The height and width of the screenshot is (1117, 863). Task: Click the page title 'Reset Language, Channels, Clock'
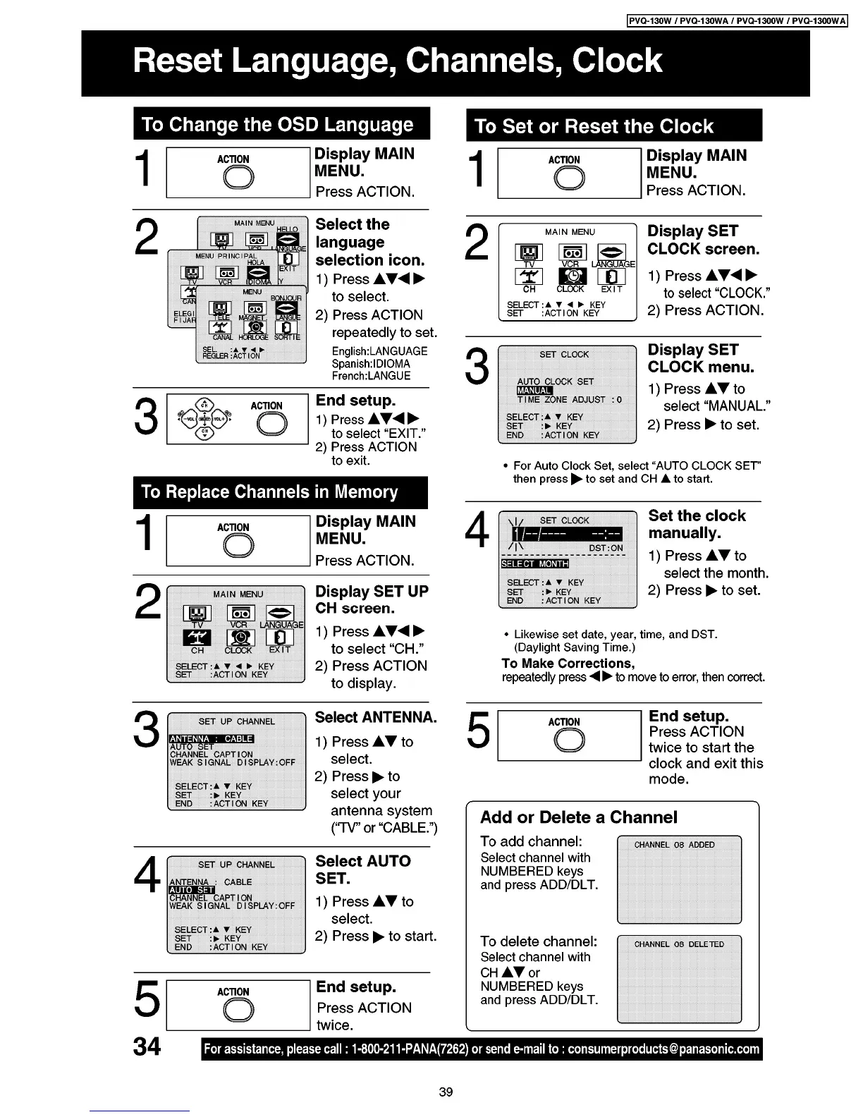[398, 61]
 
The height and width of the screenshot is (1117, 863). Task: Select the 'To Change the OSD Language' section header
[278, 125]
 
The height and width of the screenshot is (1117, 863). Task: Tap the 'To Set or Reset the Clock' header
[594, 127]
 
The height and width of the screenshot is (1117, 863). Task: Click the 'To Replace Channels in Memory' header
[269, 492]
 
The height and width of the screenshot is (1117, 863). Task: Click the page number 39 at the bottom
[446, 1092]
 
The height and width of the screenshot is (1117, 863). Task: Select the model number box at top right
[736, 20]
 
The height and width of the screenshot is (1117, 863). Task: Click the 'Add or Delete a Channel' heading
[578, 817]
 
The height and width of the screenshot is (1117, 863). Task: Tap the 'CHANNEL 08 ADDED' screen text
[674, 845]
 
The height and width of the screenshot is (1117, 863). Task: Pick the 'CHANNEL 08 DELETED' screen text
[678, 944]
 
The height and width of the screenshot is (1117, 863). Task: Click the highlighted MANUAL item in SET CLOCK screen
[534, 391]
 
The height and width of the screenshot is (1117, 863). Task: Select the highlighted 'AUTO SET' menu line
[192, 890]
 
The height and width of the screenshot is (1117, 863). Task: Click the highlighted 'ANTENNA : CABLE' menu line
[212, 738]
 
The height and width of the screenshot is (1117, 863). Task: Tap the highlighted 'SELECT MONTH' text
[534, 563]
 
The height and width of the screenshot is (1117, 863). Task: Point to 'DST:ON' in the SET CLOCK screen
[606, 548]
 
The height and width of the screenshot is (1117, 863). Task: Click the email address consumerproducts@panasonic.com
[663, 1049]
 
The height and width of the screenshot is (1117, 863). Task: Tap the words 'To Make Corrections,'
[568, 664]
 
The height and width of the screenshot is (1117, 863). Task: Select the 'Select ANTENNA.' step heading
[375, 718]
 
